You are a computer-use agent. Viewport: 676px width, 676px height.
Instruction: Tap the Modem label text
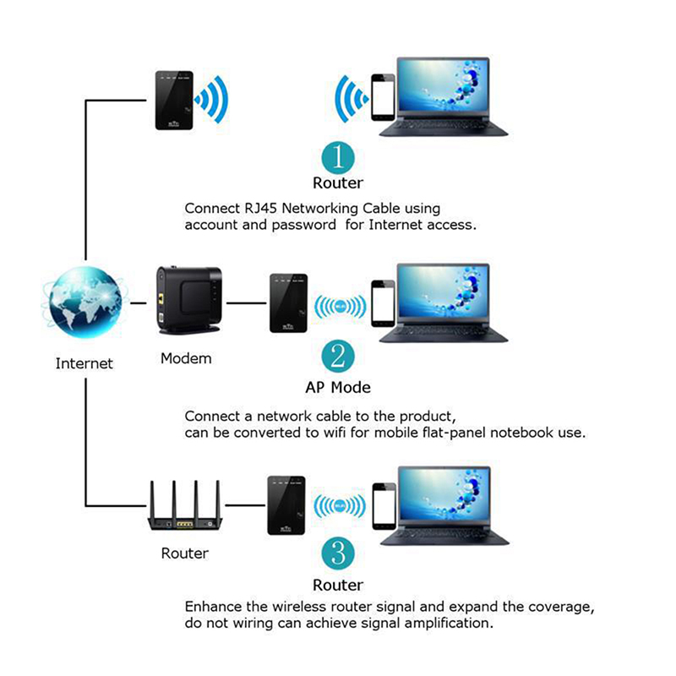(186, 358)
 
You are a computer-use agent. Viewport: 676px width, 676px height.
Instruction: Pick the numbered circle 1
(338, 157)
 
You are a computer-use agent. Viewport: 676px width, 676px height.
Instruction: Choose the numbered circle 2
(337, 357)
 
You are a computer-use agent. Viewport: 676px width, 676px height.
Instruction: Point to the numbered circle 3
(338, 554)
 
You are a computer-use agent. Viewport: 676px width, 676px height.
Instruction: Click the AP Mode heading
(338, 388)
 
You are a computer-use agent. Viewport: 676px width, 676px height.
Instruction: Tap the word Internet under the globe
(84, 363)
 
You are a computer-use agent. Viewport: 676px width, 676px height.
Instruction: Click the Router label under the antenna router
(184, 553)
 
